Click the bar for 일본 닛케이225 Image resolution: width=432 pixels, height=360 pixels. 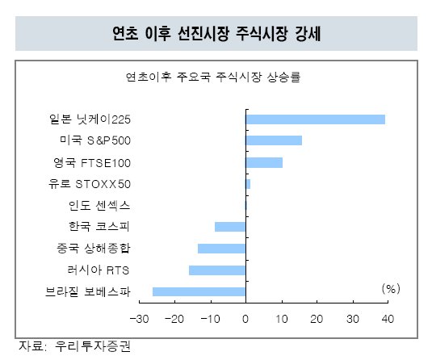pyautogui.click(x=316, y=119)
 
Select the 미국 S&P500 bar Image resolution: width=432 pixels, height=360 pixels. pyautogui.click(x=274, y=140)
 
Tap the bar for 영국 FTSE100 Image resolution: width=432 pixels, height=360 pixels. pyautogui.click(x=264, y=163)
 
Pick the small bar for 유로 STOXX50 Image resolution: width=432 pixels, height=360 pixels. pyautogui.click(x=248, y=184)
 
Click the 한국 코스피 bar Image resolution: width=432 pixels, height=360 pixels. pyautogui.click(x=230, y=227)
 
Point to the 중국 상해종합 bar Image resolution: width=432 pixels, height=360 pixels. pyautogui.click(x=221, y=249)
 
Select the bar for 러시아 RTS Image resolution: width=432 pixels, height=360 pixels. pyautogui.click(x=217, y=270)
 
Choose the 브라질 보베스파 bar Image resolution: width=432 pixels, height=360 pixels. pyautogui.click(x=199, y=291)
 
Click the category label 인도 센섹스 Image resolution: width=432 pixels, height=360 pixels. pyautogui.click(x=99, y=206)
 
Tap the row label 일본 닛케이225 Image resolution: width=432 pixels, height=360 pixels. pyautogui.click(x=90, y=119)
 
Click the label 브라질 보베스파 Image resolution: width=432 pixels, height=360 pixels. pyautogui.click(x=88, y=291)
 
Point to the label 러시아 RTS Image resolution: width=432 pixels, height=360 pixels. pyautogui.click(x=98, y=270)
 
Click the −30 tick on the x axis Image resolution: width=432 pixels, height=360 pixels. pyautogui.click(x=139, y=319)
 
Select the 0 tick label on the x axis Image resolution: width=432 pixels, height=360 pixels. pyautogui.click(x=245, y=319)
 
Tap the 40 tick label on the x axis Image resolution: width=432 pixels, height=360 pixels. pyautogui.click(x=388, y=319)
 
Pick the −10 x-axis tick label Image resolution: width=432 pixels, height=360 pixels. pyautogui.click(x=210, y=319)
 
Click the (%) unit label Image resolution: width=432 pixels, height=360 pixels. pyautogui.click(x=391, y=289)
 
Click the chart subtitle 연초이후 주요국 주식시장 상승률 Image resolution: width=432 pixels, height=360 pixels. pyautogui.click(x=212, y=77)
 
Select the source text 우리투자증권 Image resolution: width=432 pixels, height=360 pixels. pyautogui.click(x=93, y=346)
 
